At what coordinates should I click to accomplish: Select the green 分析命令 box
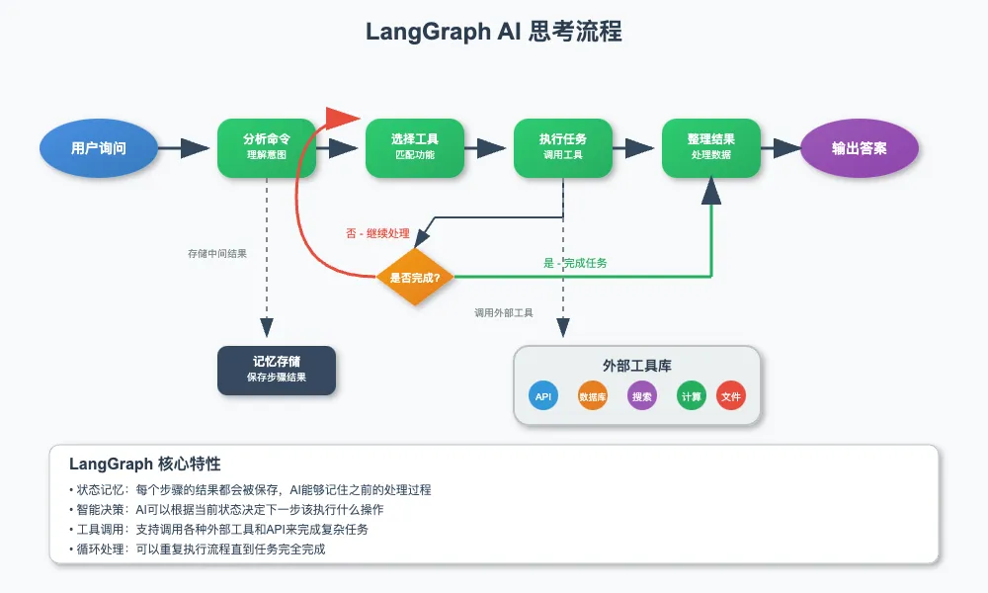coord(267,148)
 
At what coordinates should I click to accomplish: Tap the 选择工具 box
coord(415,148)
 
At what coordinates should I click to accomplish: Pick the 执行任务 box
coord(563,148)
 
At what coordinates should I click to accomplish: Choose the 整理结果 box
coord(711,148)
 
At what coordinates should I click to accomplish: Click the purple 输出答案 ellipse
coord(860,148)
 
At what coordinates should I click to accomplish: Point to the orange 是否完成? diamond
coord(415,277)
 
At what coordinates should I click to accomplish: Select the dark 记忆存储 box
coord(277,370)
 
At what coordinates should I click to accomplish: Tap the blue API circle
coord(543,396)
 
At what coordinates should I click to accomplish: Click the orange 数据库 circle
coord(593,396)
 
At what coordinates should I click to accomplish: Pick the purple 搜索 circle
coord(642,396)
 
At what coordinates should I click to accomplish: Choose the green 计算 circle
coord(692,396)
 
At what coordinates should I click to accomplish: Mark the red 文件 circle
coord(731,396)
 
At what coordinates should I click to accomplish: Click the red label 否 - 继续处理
coord(377,234)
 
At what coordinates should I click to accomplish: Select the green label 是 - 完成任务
coord(575,263)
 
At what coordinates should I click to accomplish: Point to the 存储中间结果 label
coord(217,254)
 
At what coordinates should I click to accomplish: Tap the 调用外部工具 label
coord(504,313)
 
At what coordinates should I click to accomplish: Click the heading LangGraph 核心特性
coord(145,464)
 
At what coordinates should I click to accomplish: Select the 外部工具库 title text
coord(637,366)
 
